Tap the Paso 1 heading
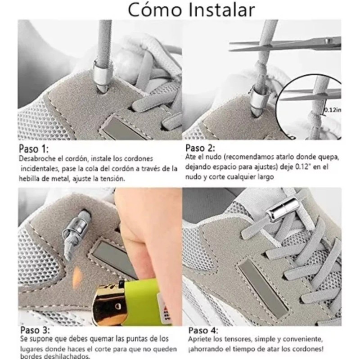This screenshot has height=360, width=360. pyautogui.click(x=33, y=149)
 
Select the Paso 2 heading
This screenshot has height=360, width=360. pyautogui.click(x=200, y=148)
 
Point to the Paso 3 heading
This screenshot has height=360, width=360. pyautogui.click(x=34, y=330)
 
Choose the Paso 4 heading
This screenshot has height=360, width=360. pyautogui.click(x=200, y=330)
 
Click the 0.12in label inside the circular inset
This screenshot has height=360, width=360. pyautogui.click(x=333, y=109)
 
